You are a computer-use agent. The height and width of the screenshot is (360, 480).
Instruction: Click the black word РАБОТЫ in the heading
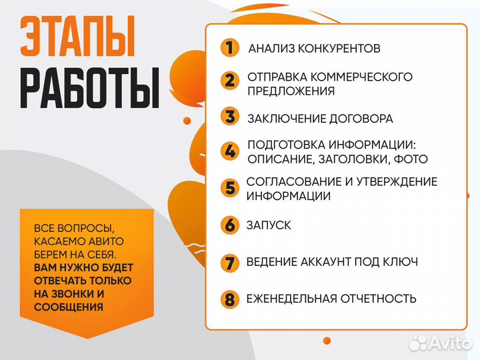tap(89, 87)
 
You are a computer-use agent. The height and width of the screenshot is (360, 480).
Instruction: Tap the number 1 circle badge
tap(229, 48)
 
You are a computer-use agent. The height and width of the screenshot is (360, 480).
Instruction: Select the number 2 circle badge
tap(229, 81)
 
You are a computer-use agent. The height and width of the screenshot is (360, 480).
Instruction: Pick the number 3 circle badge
tap(229, 118)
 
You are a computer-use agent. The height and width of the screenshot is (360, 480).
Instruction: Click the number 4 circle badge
tap(229, 151)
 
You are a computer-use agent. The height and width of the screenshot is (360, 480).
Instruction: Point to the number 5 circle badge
tap(229, 188)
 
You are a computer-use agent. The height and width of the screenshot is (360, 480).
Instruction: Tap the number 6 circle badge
tap(229, 225)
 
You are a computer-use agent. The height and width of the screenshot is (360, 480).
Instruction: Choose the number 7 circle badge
tap(229, 262)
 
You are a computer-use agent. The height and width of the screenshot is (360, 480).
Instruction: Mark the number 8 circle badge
tap(229, 299)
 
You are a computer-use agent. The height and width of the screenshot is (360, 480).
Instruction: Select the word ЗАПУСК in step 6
tap(269, 225)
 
